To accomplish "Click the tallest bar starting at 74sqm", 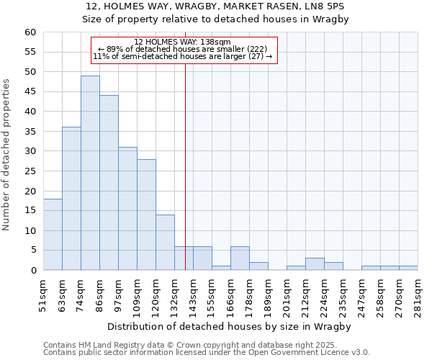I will (x=90, y=173).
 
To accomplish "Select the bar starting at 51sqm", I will (x=53, y=235).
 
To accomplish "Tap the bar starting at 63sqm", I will (x=71, y=199).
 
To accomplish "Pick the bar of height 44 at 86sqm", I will (x=109, y=183).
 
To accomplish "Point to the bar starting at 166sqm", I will (x=240, y=258).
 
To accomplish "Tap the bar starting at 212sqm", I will (x=315, y=264).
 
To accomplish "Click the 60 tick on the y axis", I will (x=30, y=32).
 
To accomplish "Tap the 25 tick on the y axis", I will (x=30, y=171).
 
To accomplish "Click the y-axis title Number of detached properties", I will (x=6, y=155).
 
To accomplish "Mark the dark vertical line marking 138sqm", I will (x=185, y=166).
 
